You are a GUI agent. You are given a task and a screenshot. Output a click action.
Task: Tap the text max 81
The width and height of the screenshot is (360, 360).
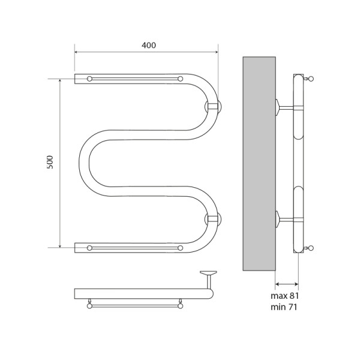click(x=284, y=296)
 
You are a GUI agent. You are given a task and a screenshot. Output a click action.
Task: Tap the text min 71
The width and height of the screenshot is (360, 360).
click(x=284, y=307)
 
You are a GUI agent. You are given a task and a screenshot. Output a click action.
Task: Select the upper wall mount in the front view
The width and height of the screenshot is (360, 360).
click(x=214, y=107)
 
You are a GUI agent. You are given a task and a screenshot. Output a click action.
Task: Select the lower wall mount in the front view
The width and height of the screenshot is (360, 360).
click(x=214, y=219)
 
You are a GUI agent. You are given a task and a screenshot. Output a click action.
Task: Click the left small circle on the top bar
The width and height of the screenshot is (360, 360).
click(x=89, y=79)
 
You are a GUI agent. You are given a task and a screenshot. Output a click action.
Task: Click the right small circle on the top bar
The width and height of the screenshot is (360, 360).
click(x=180, y=79)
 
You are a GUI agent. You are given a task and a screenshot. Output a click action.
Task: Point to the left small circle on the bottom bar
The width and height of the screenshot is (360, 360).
click(x=89, y=247)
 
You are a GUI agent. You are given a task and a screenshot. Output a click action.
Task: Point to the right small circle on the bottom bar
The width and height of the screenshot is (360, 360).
click(x=180, y=247)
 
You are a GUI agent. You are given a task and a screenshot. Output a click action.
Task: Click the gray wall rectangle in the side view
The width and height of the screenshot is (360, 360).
click(x=259, y=163)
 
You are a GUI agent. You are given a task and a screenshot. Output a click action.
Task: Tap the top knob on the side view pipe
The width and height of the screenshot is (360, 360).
click(x=310, y=78)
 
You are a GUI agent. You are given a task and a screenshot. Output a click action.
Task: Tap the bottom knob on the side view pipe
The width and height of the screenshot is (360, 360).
click(x=310, y=248)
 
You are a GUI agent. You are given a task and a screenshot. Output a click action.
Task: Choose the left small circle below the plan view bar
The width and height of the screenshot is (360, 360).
click(x=89, y=305)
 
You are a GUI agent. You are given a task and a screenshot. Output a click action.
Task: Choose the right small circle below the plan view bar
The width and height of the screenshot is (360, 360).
click(x=180, y=305)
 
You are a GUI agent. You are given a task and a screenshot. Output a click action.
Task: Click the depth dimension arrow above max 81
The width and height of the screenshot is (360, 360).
click(x=287, y=284)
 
